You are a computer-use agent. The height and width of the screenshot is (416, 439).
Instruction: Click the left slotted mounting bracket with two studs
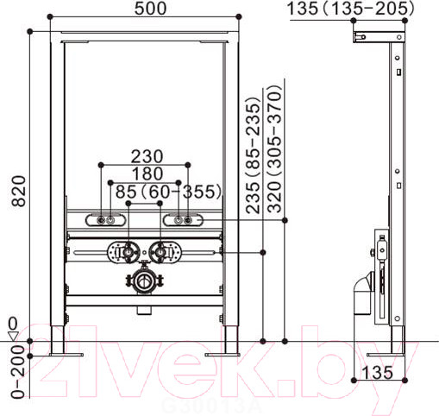point(103,221)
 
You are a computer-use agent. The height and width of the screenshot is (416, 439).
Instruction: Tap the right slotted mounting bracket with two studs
point(185,221)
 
